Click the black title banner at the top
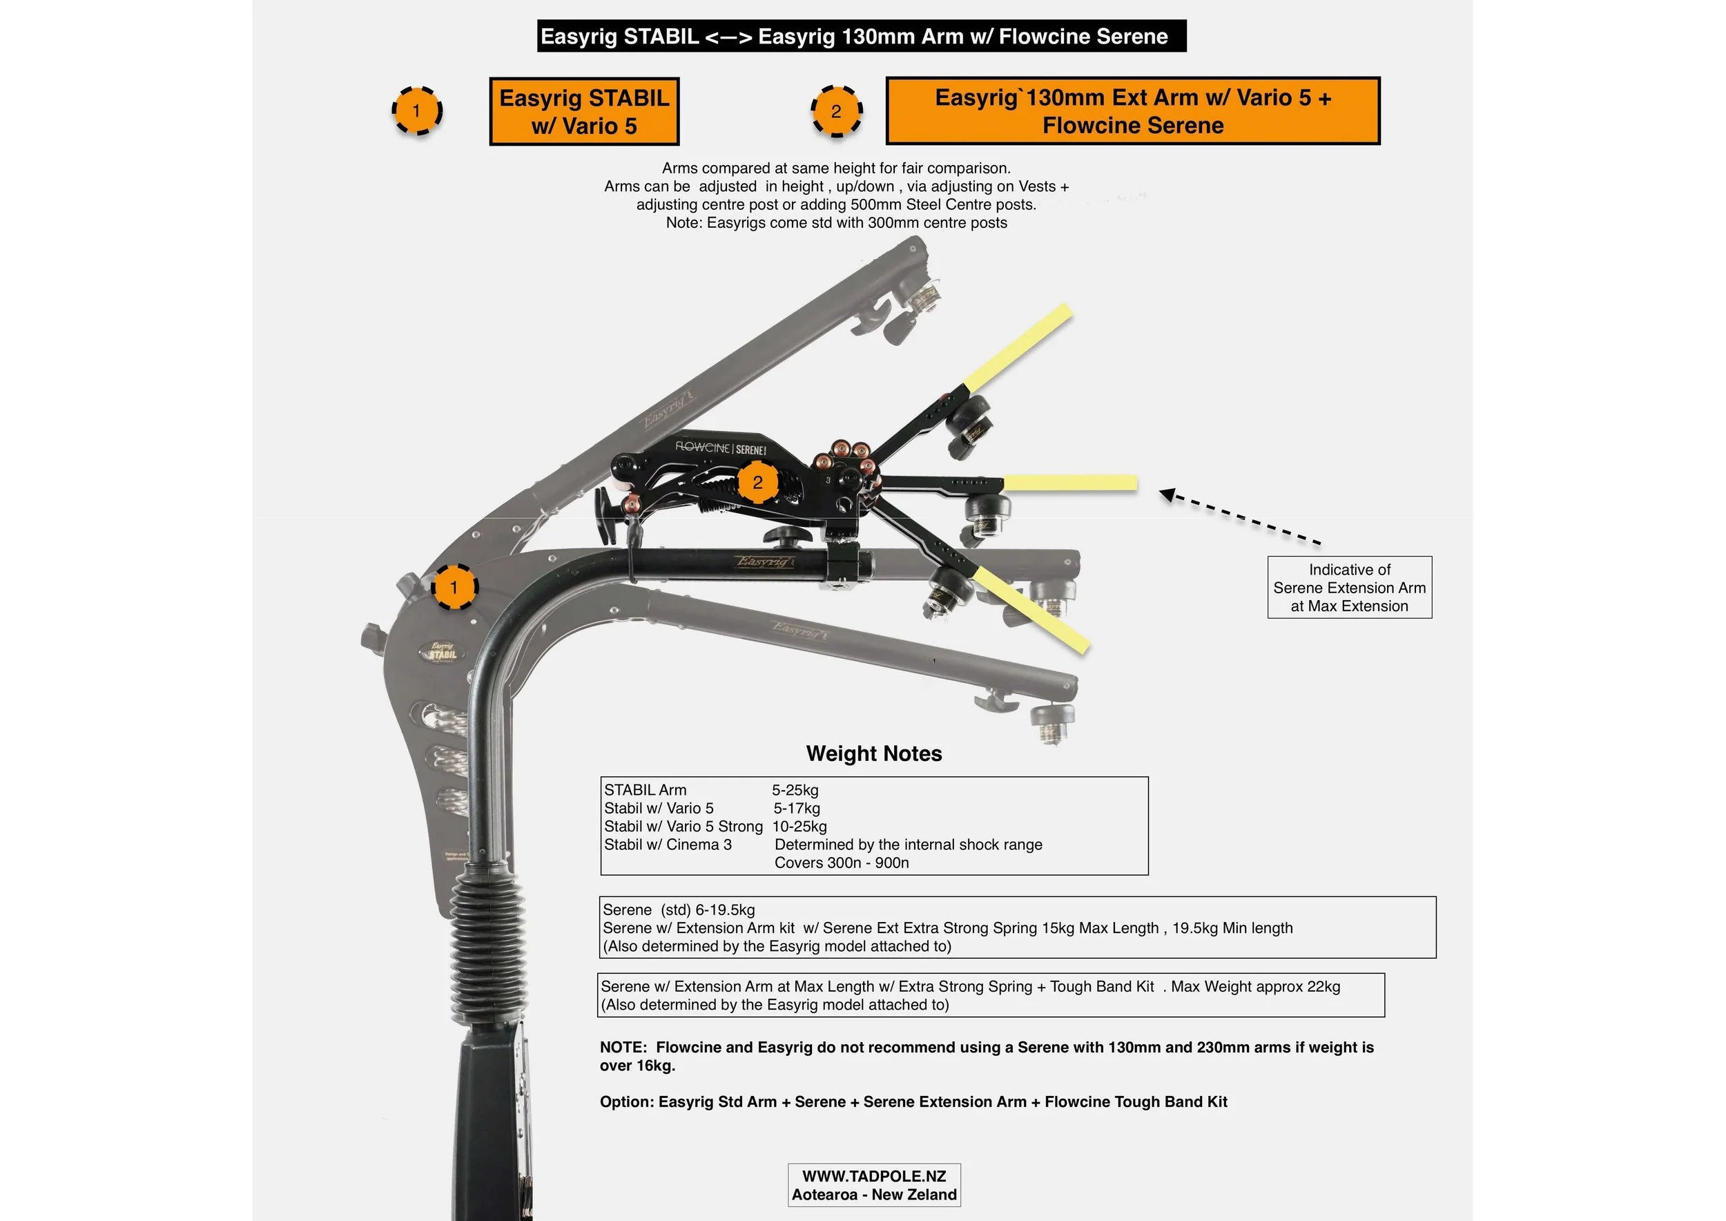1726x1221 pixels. (x=861, y=36)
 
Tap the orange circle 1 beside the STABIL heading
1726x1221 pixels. (x=416, y=111)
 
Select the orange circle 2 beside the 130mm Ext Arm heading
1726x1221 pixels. (x=836, y=112)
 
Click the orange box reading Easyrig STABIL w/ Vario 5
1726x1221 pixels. (x=584, y=111)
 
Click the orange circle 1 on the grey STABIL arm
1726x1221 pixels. (x=454, y=587)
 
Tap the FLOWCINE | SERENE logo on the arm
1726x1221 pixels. (x=720, y=448)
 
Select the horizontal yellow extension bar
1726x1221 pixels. (x=1069, y=483)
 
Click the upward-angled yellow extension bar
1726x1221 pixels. (x=1018, y=347)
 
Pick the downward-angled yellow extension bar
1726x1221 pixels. (x=1031, y=610)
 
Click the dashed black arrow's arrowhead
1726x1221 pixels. (x=1167, y=494)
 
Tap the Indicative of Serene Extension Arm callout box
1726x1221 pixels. (x=1349, y=587)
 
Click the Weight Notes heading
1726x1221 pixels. (x=873, y=753)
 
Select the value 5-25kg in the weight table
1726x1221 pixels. (x=795, y=790)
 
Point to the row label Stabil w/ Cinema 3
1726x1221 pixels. (x=668, y=845)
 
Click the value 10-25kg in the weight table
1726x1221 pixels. (x=799, y=826)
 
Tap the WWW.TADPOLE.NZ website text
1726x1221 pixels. (x=873, y=1176)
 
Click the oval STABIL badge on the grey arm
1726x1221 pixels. (x=442, y=651)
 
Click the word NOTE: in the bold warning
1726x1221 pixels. (x=623, y=1048)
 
